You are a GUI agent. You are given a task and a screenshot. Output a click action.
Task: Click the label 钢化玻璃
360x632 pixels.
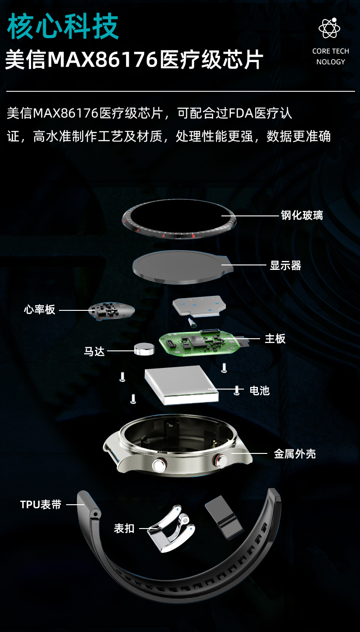pos(302,215)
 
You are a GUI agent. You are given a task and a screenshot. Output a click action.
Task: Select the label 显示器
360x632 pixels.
pos(285,265)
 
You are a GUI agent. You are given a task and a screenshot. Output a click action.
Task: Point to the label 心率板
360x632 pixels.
pos(40,309)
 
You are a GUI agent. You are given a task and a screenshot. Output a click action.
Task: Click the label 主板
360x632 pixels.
pos(275,338)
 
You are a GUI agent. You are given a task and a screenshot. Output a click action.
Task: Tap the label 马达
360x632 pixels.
pos(94,351)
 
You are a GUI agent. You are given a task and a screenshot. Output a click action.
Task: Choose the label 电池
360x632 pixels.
pos(260,390)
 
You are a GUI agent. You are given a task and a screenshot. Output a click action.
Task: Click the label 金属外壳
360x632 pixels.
pos(295,454)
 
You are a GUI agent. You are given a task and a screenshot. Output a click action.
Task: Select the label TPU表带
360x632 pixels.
pos(41,504)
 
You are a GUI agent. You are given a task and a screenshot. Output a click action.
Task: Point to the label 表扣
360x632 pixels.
pos(124,528)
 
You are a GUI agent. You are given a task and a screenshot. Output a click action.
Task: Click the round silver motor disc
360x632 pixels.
pos(144,348)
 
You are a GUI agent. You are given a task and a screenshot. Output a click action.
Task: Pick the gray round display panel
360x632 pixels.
pos(180,266)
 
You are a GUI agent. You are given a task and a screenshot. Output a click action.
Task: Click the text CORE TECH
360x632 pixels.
pos(330,51)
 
